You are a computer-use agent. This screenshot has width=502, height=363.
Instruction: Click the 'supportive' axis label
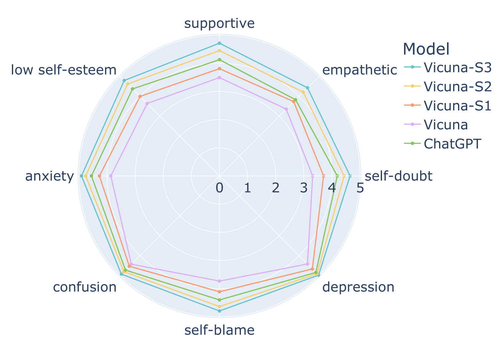tap(219, 24)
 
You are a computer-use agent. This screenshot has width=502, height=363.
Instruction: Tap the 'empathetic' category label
tap(359, 71)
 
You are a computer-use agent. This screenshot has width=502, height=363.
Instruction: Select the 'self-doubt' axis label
tap(398, 176)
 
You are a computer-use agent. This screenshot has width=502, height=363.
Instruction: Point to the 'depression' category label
tap(358, 287)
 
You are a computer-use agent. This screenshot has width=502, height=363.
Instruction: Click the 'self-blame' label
tap(219, 331)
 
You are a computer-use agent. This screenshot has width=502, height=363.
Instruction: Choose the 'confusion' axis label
tap(85, 287)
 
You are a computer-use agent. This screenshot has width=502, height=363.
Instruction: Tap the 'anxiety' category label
tap(49, 176)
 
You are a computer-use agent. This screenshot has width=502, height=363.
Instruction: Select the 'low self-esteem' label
tap(64, 71)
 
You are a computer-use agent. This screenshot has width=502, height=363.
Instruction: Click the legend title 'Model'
tap(426, 49)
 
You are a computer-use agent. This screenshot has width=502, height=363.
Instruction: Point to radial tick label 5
tap(360, 188)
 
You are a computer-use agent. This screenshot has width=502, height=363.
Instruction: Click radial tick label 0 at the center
tap(219, 188)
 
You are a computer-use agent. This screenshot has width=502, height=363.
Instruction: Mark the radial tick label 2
tap(276, 188)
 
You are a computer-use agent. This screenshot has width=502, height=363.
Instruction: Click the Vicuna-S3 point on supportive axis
tap(219, 43)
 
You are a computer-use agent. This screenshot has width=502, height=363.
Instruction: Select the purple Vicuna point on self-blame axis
tap(219, 281)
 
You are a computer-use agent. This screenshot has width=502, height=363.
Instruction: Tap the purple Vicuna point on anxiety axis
tap(111, 176)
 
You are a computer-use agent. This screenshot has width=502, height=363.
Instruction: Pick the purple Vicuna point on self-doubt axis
tap(313, 176)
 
